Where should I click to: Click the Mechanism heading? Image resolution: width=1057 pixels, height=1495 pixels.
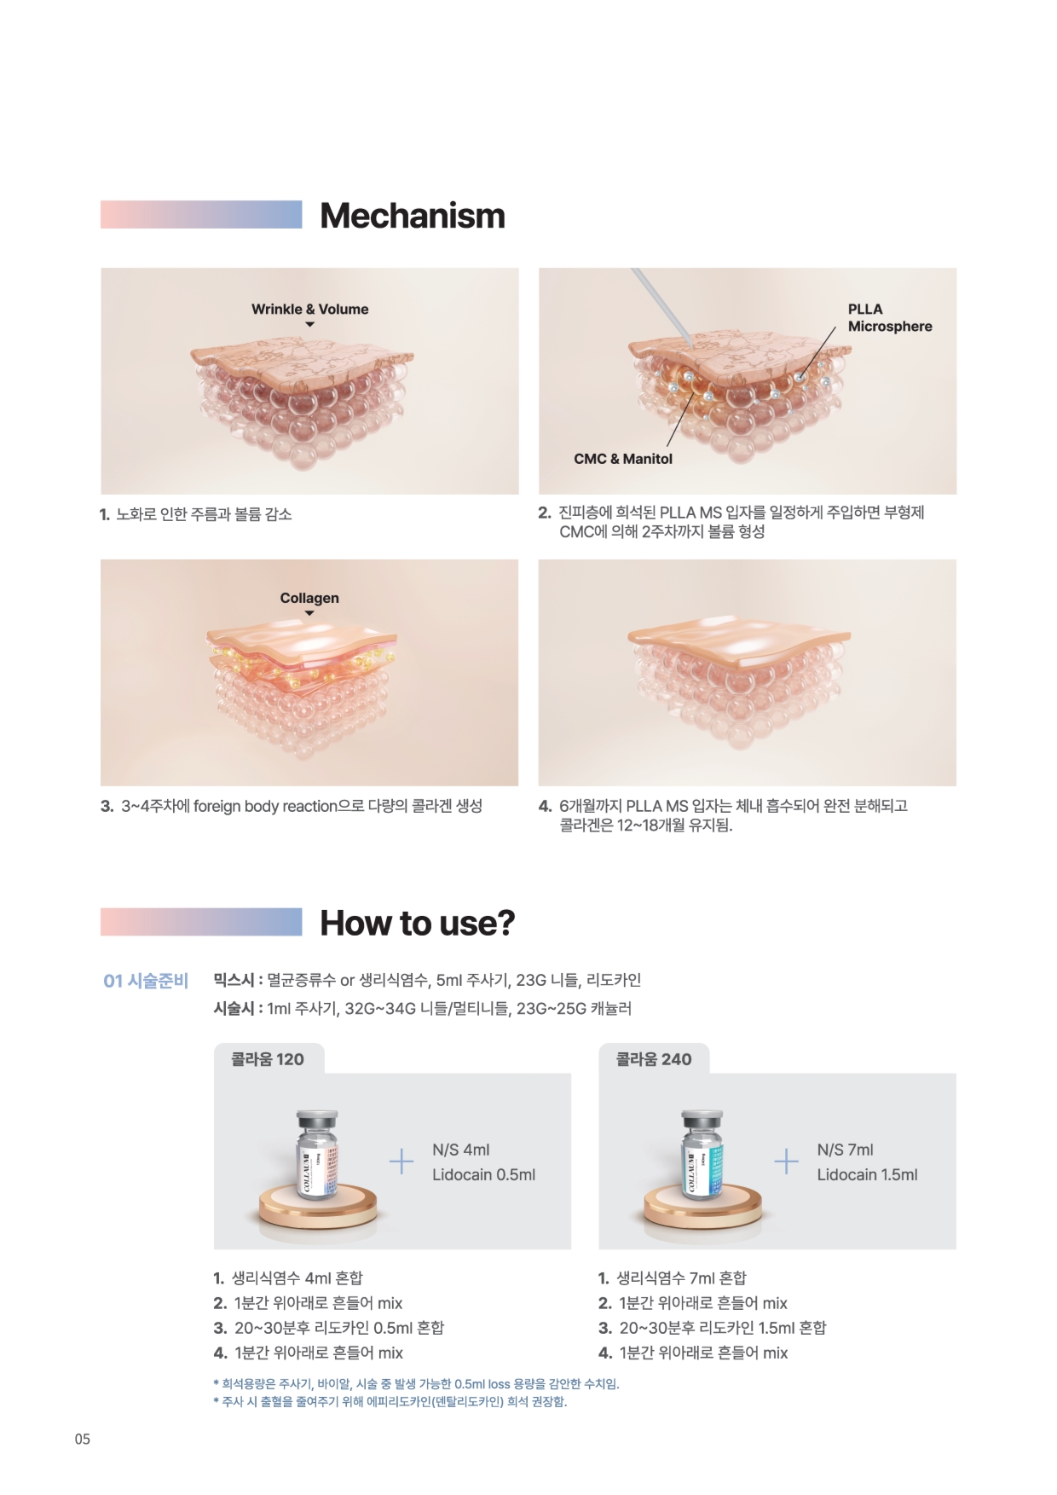click(413, 216)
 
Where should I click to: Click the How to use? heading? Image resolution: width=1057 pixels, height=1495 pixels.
click(418, 923)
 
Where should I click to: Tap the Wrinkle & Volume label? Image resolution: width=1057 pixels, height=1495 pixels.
click(310, 310)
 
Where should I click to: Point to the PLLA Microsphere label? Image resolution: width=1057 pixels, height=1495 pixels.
click(890, 317)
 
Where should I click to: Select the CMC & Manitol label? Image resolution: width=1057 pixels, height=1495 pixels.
click(623, 459)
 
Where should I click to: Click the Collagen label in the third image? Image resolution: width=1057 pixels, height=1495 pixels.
click(309, 598)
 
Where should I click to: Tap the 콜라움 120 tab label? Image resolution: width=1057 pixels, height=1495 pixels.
click(268, 1059)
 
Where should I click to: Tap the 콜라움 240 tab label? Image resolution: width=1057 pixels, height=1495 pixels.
click(654, 1059)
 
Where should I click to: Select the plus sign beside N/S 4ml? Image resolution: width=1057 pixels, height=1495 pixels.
click(401, 1162)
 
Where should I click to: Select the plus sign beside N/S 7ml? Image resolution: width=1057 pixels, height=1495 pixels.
click(786, 1162)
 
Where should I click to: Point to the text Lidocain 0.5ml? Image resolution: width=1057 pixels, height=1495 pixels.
click(483, 1174)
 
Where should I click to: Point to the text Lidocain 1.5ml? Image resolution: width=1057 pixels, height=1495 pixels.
click(867, 1174)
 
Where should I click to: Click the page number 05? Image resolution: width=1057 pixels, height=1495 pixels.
click(82, 1440)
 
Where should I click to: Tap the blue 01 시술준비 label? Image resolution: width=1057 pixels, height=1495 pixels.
click(146, 981)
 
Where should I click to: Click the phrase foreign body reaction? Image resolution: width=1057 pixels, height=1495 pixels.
click(265, 806)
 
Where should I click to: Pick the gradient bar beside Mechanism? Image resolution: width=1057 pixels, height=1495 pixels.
click(201, 214)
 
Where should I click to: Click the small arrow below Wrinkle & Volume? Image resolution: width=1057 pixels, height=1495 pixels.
click(310, 325)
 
